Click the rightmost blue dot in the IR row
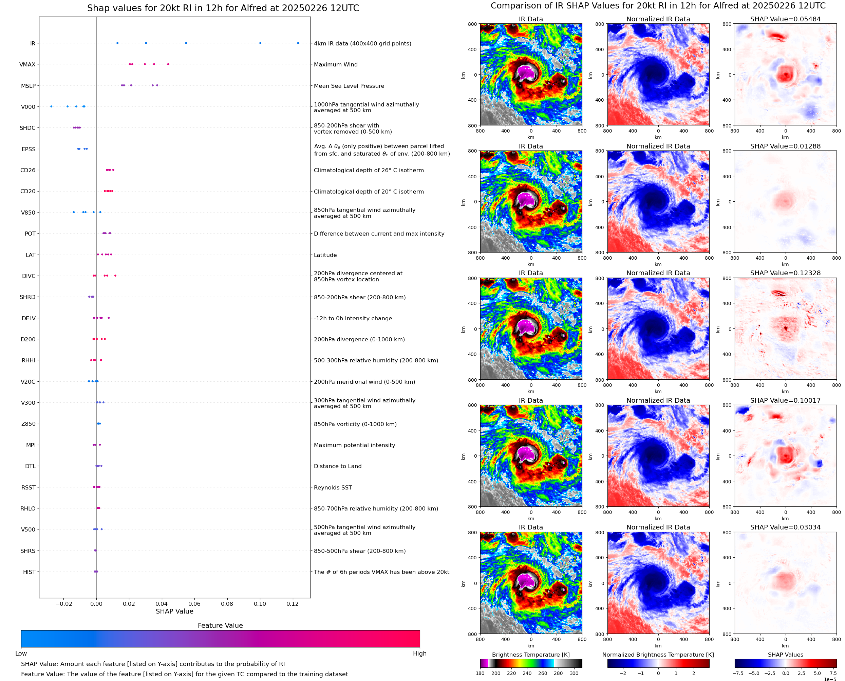(x=298, y=43)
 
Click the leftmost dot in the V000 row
(x=52, y=106)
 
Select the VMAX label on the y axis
(x=27, y=64)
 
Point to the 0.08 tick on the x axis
(x=227, y=604)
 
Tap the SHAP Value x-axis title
(x=174, y=611)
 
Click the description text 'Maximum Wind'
(x=336, y=64)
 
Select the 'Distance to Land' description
(x=338, y=466)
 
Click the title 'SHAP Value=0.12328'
(x=785, y=273)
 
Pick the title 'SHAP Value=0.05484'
(x=785, y=19)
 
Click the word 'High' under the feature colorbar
(x=419, y=654)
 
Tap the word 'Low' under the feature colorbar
(x=21, y=654)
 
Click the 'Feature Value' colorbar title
(x=220, y=625)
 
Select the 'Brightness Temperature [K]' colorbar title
(x=530, y=655)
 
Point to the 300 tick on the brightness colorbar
(x=574, y=673)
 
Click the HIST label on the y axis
(x=29, y=572)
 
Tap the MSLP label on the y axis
(x=28, y=85)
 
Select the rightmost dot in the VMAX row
(x=168, y=64)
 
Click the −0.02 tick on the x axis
(x=63, y=604)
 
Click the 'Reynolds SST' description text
(x=333, y=487)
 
